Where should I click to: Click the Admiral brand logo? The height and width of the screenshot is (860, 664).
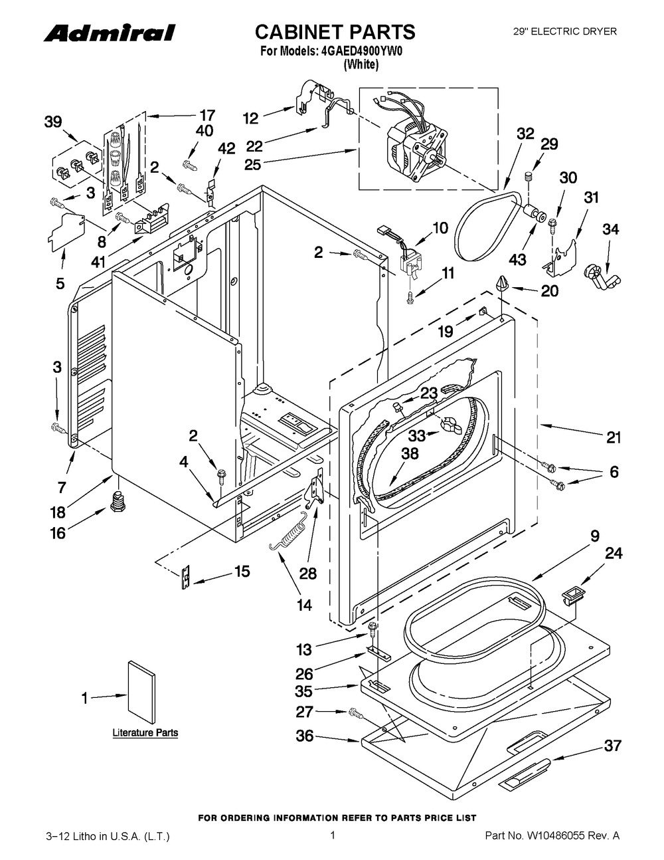110,33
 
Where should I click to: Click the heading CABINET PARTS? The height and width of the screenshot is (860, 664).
335,32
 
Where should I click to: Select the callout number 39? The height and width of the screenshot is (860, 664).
53,122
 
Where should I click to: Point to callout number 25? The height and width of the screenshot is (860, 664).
252,164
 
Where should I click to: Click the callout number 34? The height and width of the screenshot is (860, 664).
610,229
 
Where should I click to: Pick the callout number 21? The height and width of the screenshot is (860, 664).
613,437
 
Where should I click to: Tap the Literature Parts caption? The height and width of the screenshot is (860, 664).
145,733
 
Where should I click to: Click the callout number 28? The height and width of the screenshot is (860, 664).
307,573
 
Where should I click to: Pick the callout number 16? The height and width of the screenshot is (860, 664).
58,532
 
